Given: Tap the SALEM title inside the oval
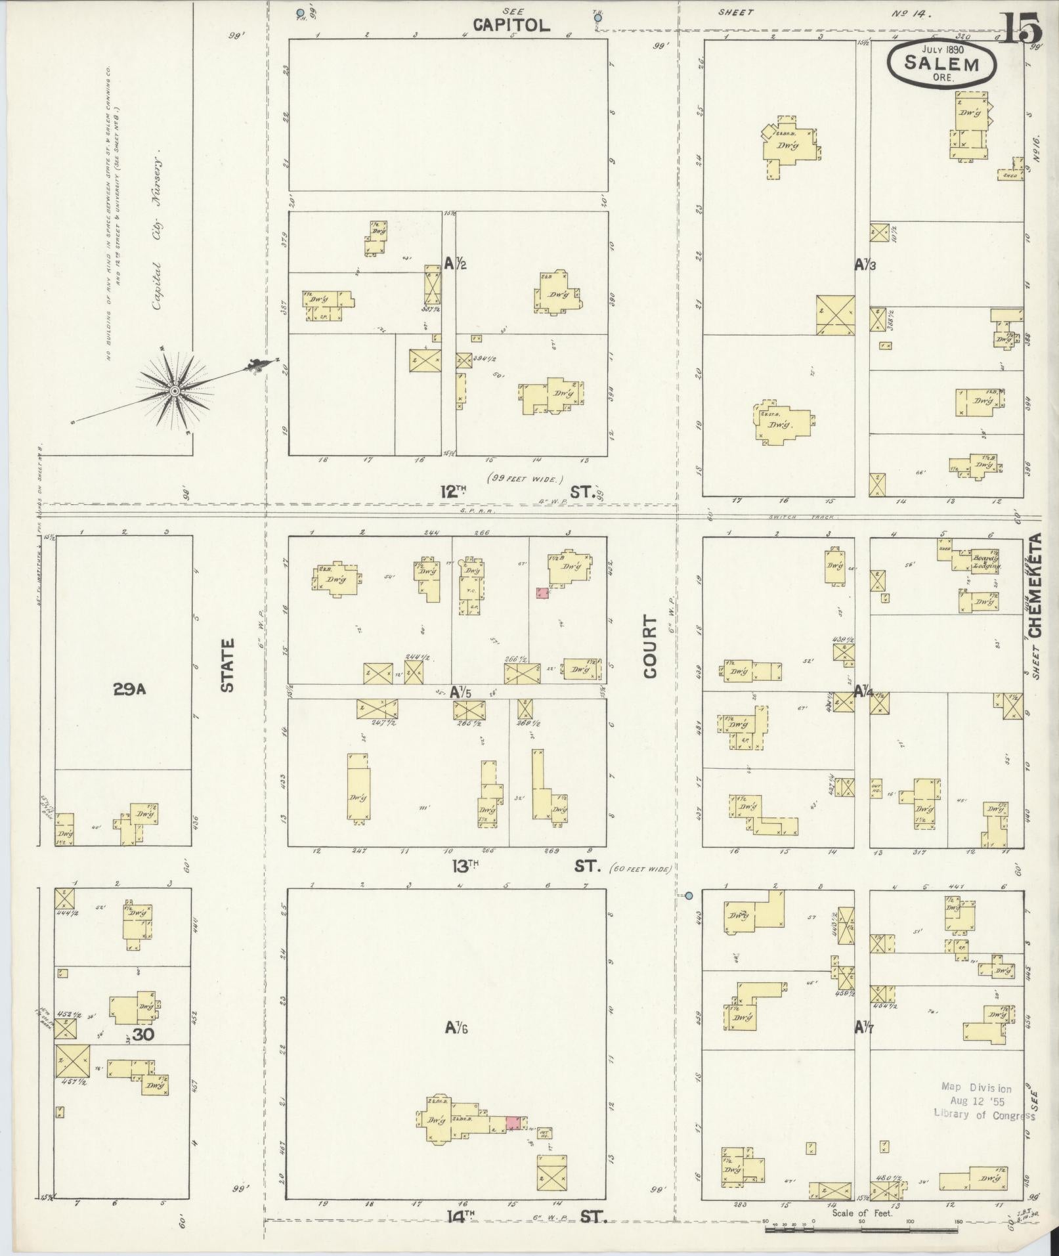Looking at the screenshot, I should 941,64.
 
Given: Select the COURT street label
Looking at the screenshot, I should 650,646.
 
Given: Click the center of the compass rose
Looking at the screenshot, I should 175,391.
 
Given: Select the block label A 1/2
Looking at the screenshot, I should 454,264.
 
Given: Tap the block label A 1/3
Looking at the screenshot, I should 864,265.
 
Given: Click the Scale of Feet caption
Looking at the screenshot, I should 862,1213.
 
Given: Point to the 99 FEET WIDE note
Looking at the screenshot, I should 525,479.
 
